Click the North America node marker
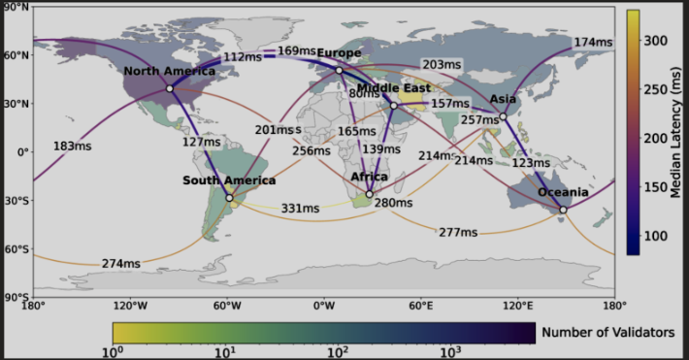coord(170,88)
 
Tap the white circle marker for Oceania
coord(563,210)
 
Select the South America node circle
coord(229,198)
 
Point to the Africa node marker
coord(369,193)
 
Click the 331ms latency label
coord(300,208)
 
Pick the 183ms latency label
coord(72,147)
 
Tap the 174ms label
coord(593,43)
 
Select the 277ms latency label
coord(458,232)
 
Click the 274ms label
coord(121,263)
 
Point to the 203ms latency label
coord(442,64)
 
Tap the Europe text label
coord(339,52)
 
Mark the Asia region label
coord(503,99)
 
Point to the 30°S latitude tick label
coord(15,201)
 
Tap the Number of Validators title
coord(608,333)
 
